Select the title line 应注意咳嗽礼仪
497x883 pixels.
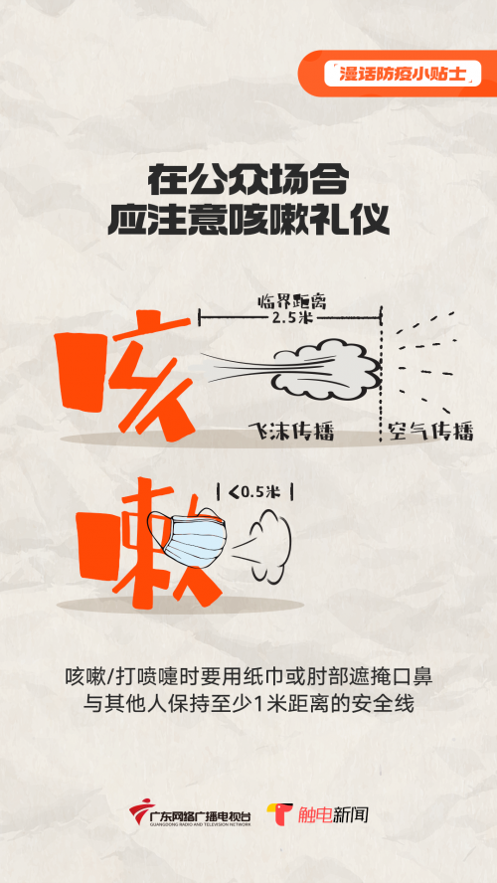[x=248, y=220]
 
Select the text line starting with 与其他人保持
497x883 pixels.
[x=248, y=705]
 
